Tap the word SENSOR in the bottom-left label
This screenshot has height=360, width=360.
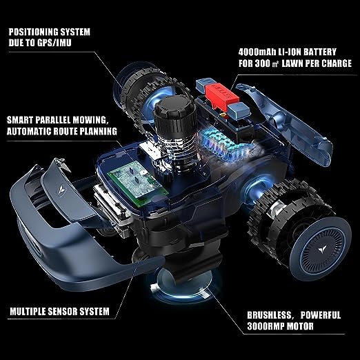pyautogui.click(x=66, y=311)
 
